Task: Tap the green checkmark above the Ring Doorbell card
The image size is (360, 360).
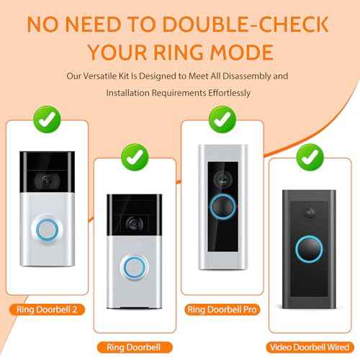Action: click(x=135, y=153)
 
